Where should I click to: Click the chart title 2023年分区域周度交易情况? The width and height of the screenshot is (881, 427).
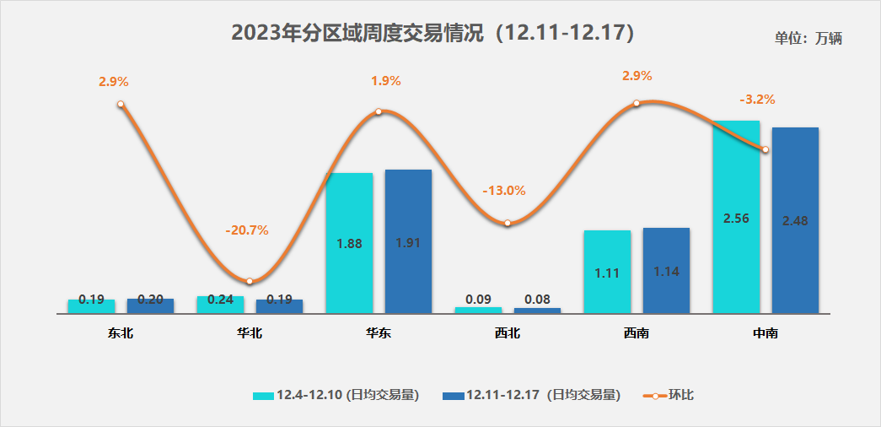click(432, 33)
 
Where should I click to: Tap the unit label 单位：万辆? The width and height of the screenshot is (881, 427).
click(808, 38)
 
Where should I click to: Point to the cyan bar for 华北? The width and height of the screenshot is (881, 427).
click(220, 305)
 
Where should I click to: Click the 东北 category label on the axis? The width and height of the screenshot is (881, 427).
click(121, 333)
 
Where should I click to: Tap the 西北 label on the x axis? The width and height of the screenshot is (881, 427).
click(508, 333)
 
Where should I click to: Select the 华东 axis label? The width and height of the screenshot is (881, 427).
click(379, 333)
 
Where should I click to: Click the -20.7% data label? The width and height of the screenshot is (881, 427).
click(246, 230)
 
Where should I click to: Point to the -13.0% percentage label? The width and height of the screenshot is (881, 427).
click(504, 190)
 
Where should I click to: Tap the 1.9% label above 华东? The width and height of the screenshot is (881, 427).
click(386, 81)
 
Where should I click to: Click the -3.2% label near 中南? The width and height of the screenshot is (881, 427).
click(757, 99)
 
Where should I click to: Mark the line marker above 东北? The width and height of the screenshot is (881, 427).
click(121, 105)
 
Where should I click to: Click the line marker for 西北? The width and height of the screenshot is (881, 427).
click(508, 224)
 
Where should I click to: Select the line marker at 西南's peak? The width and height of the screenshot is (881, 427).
click(637, 104)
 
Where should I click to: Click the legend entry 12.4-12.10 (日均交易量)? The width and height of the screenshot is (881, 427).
click(336, 394)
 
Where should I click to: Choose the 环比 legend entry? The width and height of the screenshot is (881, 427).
click(669, 394)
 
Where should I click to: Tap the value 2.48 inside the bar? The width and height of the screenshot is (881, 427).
click(796, 221)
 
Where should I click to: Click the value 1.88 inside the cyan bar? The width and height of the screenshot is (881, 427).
click(349, 243)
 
